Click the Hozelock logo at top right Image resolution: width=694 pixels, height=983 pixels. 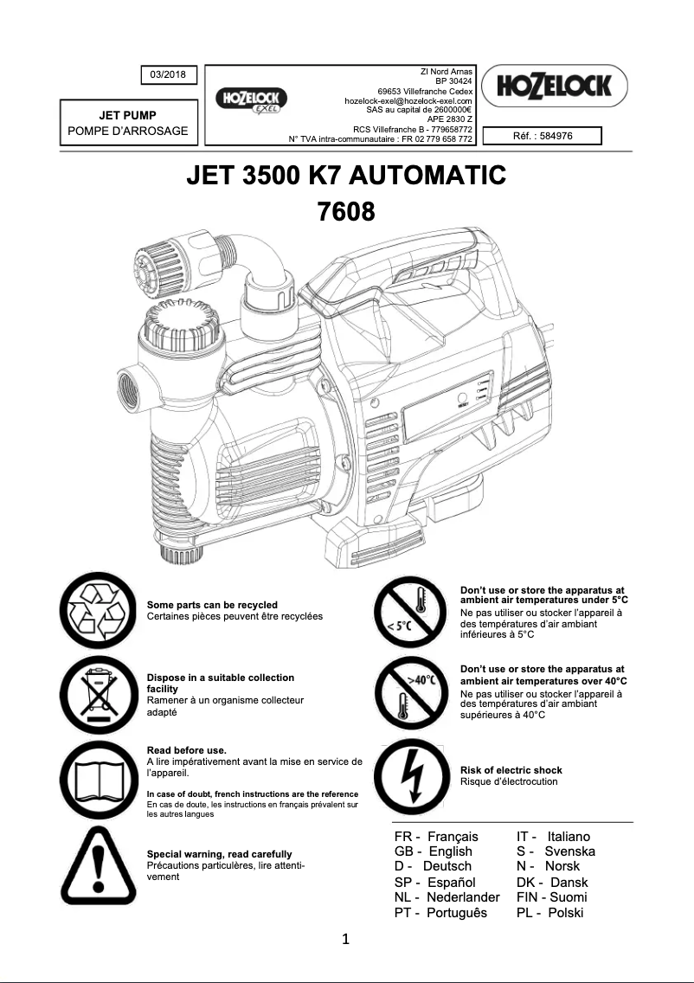pos(554,86)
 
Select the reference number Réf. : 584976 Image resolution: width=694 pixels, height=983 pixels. pos(543,135)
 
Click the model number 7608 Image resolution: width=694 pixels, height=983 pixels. pos(346,210)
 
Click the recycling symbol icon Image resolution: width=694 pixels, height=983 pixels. pos(97,609)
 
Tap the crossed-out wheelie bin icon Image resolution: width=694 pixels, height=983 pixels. pos(97,694)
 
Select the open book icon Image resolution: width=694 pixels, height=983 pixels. pos(97,777)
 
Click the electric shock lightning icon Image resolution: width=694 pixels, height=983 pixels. pos(409,775)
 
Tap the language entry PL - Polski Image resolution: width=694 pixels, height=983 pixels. pos(549,913)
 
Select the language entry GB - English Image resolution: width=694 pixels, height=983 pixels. pos(433,851)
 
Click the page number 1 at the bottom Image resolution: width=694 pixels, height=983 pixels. pos(345,940)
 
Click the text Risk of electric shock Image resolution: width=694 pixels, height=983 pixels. pos(511,770)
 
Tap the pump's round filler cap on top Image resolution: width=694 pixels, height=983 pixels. pos(184,322)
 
